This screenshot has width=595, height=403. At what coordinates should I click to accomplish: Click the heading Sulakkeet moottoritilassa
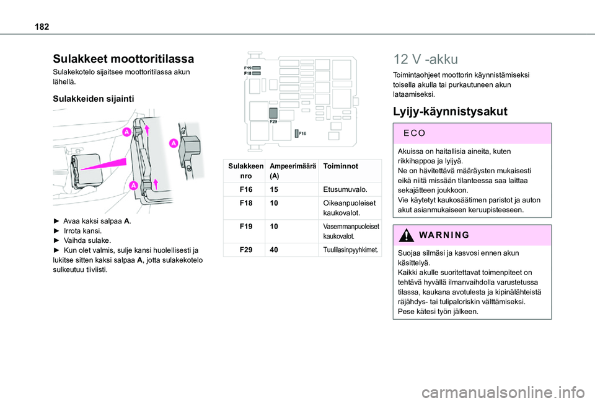123,59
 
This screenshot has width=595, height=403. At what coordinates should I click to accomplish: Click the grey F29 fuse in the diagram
273,112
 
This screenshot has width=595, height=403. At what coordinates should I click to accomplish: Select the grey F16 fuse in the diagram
293,134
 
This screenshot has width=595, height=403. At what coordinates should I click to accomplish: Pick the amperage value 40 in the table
275,249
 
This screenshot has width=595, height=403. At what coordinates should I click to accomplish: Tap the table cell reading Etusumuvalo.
345,188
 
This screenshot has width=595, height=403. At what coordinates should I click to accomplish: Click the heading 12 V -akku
425,60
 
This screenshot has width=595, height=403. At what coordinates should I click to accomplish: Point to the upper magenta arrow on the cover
147,129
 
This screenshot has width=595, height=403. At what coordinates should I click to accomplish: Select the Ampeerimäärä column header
293,171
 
